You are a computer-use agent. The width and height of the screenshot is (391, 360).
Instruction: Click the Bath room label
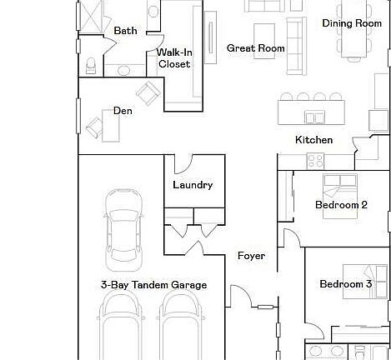(x=125, y=31)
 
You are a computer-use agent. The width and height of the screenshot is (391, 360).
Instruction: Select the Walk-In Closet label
(x=173, y=58)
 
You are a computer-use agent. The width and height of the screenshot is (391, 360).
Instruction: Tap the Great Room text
(x=255, y=48)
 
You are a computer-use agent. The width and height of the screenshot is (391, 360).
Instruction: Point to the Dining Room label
(x=352, y=23)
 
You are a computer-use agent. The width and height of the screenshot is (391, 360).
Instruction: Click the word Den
(x=123, y=110)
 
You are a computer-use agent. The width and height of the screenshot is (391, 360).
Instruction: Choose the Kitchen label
(x=314, y=140)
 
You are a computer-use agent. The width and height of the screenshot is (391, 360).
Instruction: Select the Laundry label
(x=193, y=185)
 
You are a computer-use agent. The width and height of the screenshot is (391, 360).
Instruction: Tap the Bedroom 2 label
(x=341, y=205)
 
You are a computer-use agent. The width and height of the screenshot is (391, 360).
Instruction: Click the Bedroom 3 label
(x=345, y=285)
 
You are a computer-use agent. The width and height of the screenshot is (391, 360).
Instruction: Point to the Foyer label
(x=251, y=256)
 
